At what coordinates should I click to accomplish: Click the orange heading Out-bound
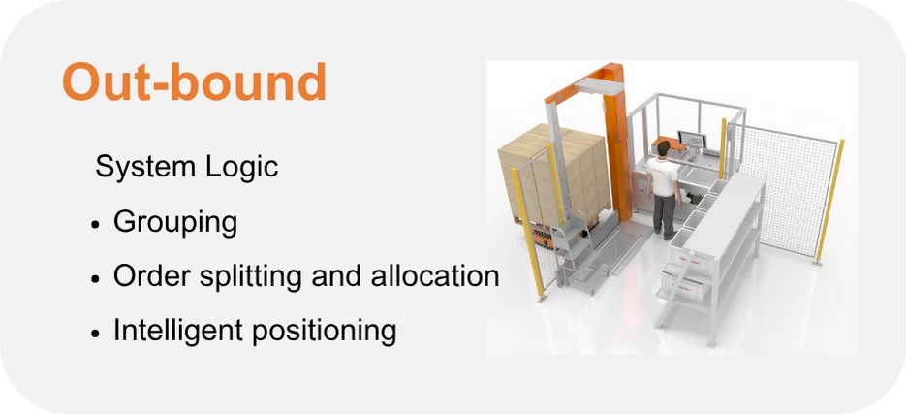[195, 81]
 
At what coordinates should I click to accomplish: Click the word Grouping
[175, 222]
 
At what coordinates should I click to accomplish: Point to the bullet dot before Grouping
[96, 225]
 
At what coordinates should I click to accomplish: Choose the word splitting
[250, 276]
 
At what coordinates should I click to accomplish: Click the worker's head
[664, 148]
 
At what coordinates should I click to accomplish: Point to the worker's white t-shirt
[663, 175]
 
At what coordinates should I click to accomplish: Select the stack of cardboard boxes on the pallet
[554, 172]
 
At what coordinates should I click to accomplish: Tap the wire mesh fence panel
[784, 192]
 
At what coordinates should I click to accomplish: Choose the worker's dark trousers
[665, 212]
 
